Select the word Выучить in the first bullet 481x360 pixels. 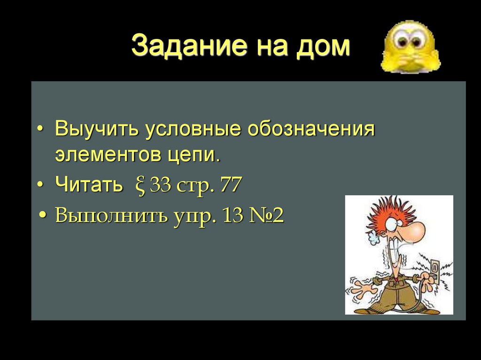(x=96, y=129)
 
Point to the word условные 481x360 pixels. (x=193, y=129)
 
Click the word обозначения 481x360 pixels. (x=311, y=129)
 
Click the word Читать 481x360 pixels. (x=88, y=185)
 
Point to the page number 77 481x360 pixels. (x=231, y=185)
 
